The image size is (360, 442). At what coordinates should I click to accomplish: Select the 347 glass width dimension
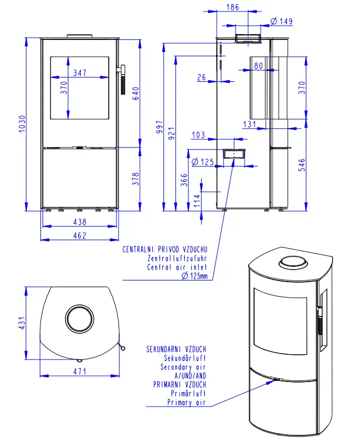click(80, 73)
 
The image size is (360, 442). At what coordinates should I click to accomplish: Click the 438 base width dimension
click(80, 222)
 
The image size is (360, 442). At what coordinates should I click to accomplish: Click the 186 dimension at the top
click(232, 8)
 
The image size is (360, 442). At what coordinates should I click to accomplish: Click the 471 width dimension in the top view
click(80, 372)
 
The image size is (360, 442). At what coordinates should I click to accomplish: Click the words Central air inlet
click(177, 267)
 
